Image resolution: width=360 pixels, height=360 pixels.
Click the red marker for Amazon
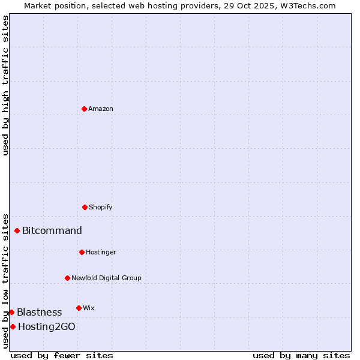tap(84, 109)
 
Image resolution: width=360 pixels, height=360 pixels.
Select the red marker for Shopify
tap(85, 207)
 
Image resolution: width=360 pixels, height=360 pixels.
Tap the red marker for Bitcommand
tap(17, 230)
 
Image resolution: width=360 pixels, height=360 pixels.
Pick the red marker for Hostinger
tap(82, 252)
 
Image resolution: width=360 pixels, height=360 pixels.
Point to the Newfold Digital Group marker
tap(67, 278)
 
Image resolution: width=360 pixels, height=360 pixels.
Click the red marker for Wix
tap(79, 308)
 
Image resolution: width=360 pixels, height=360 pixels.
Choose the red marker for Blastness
tap(11, 312)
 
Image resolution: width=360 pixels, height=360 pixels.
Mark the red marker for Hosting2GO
tap(13, 326)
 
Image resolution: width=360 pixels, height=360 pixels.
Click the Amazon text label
tap(101, 109)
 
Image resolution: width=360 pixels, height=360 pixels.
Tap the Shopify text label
tap(101, 208)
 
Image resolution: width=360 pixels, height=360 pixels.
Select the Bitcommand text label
tap(52, 231)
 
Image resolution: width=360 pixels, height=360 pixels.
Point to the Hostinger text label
tap(101, 253)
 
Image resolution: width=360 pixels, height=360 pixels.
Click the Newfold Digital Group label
tap(106, 278)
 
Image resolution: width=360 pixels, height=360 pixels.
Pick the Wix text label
tap(89, 308)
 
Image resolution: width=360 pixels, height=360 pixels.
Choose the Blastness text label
tap(39, 313)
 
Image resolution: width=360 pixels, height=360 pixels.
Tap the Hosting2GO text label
tap(47, 327)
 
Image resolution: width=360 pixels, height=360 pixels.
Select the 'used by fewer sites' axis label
tap(62, 355)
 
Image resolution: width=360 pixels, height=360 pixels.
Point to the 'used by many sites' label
tap(301, 355)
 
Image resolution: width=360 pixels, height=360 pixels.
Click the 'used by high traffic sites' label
tap(5, 85)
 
